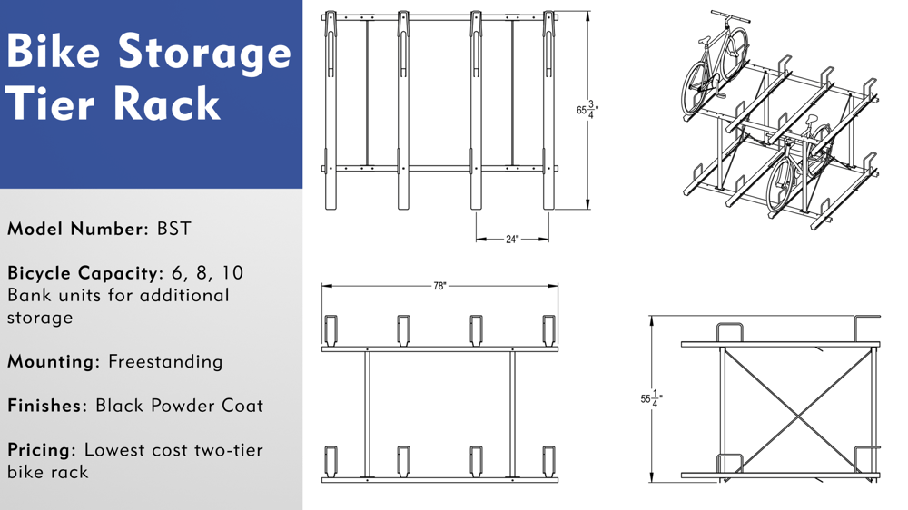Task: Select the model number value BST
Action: click(174, 229)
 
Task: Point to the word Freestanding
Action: click(165, 361)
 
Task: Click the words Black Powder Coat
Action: click(179, 406)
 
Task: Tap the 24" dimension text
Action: click(512, 240)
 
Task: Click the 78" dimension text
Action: click(439, 286)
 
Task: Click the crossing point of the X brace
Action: click(798, 417)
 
